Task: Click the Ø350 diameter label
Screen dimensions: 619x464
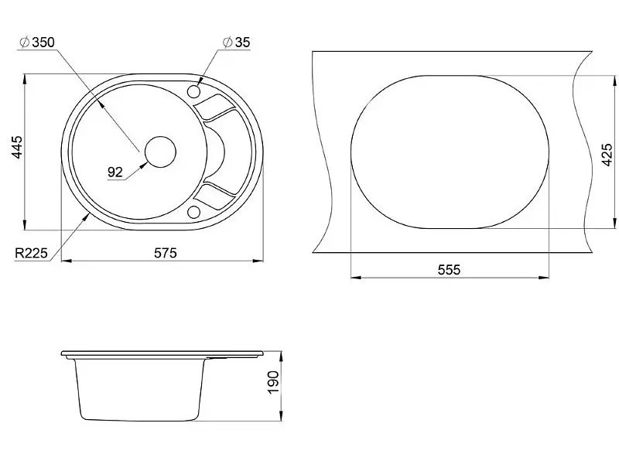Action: click(x=37, y=42)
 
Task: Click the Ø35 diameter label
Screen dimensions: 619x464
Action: click(x=237, y=42)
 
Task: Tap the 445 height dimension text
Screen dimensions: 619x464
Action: click(x=17, y=147)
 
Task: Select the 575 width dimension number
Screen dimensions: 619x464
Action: click(x=166, y=253)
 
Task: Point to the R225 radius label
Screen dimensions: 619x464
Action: click(x=31, y=253)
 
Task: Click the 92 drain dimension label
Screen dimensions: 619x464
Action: click(x=115, y=172)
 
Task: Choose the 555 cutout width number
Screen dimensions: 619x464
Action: click(x=450, y=269)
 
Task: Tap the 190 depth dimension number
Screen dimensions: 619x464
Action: click(x=273, y=382)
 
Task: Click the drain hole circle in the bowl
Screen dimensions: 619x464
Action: click(x=160, y=152)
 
